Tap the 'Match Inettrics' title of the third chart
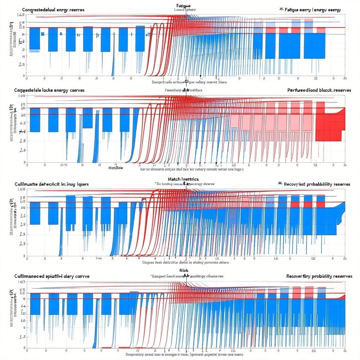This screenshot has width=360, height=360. coord(183,179)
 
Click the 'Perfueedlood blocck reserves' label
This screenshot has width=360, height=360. coord(319,90)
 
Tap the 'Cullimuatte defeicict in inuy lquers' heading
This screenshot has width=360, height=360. coord(51,184)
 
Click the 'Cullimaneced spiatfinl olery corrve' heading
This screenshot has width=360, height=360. coord(52,276)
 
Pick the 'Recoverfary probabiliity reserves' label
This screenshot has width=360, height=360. coord(319,276)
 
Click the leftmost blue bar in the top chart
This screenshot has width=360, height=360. coord(35,39)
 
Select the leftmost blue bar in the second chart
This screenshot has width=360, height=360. coord(35,120)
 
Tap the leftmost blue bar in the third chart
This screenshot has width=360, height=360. coord(35,213)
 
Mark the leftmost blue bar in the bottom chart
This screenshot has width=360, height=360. coord(35,304)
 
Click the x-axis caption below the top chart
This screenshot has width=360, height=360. coord(189,82)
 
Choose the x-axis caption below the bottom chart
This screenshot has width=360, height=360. coord(184,354)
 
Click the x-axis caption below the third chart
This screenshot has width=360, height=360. coord(185,263)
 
